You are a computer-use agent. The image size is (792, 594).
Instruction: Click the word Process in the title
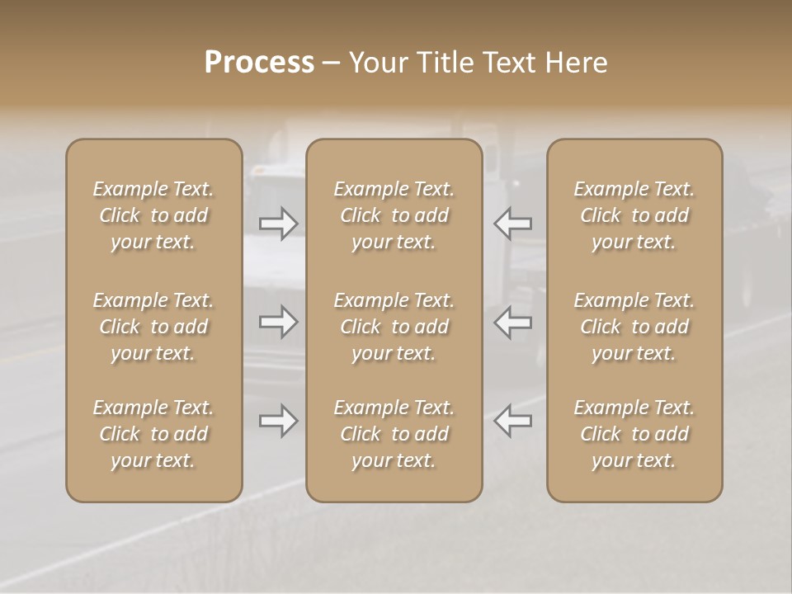point(259,63)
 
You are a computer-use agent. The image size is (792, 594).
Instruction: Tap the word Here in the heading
point(577,63)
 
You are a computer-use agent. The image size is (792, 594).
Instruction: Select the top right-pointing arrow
point(279,223)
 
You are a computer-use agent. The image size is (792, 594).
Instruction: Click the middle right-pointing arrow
point(279,322)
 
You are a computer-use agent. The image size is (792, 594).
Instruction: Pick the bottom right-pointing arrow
point(279,421)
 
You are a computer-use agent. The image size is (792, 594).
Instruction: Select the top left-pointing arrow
point(512,223)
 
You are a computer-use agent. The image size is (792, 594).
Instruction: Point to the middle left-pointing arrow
point(512,322)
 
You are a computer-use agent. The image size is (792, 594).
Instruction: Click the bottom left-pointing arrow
point(512,421)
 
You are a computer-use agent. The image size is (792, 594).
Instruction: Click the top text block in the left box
point(153,215)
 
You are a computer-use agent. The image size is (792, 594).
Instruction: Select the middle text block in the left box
point(153,327)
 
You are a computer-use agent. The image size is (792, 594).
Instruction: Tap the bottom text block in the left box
point(153,434)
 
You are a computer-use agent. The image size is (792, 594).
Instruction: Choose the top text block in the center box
point(394,215)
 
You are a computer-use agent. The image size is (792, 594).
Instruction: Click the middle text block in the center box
point(394,327)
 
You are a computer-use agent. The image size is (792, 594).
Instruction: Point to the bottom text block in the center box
point(394,434)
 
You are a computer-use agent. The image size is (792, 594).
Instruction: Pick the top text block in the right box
point(634,215)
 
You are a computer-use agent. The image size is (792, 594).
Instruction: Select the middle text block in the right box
point(634,327)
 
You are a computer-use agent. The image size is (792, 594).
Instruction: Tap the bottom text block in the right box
point(634,434)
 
